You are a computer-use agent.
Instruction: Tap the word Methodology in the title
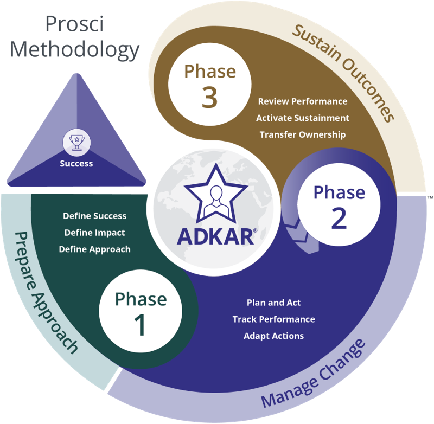[75, 49]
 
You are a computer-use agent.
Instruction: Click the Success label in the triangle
[76, 163]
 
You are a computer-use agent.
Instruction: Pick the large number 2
[339, 218]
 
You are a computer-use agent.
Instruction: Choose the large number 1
[141, 324]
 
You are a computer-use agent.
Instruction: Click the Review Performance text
[303, 101]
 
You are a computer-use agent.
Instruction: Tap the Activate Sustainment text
[303, 118]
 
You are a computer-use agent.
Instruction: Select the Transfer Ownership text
[303, 134]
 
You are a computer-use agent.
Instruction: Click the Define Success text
[95, 216]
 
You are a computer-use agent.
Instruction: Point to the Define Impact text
[95, 233]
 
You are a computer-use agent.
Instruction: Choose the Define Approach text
[95, 249]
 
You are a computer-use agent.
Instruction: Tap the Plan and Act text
[273, 303]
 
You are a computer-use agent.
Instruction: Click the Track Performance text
[273, 319]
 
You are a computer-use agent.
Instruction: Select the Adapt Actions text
[273, 336]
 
